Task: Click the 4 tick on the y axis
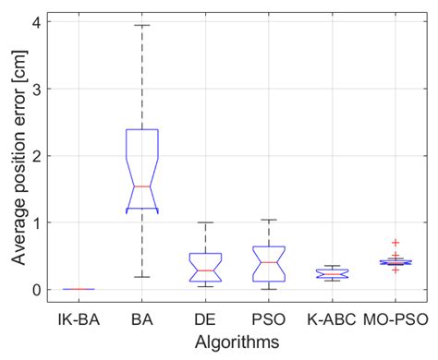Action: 35,22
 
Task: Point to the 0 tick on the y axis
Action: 35,290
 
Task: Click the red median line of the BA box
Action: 142,186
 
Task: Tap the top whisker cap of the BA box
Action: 142,25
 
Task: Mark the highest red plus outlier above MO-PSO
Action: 395,243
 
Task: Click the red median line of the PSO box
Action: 269,262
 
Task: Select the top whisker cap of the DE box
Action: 205,222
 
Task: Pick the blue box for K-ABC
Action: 332,273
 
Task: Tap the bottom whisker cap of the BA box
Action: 142,277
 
